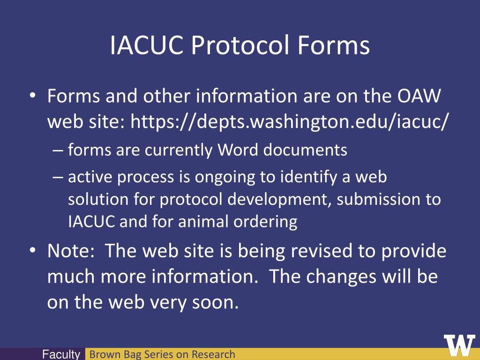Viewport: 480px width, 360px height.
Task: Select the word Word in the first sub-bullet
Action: pos(238,150)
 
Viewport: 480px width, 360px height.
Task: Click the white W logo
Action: pos(459,346)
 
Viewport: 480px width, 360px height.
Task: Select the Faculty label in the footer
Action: pos(61,354)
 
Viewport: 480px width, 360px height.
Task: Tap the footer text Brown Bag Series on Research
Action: pos(162,354)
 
